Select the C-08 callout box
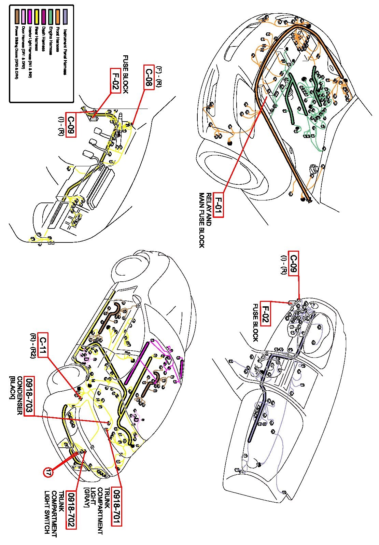click(x=149, y=77)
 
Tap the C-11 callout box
click(x=43, y=345)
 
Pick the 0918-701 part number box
click(x=117, y=507)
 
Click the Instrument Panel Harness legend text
click(x=65, y=52)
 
